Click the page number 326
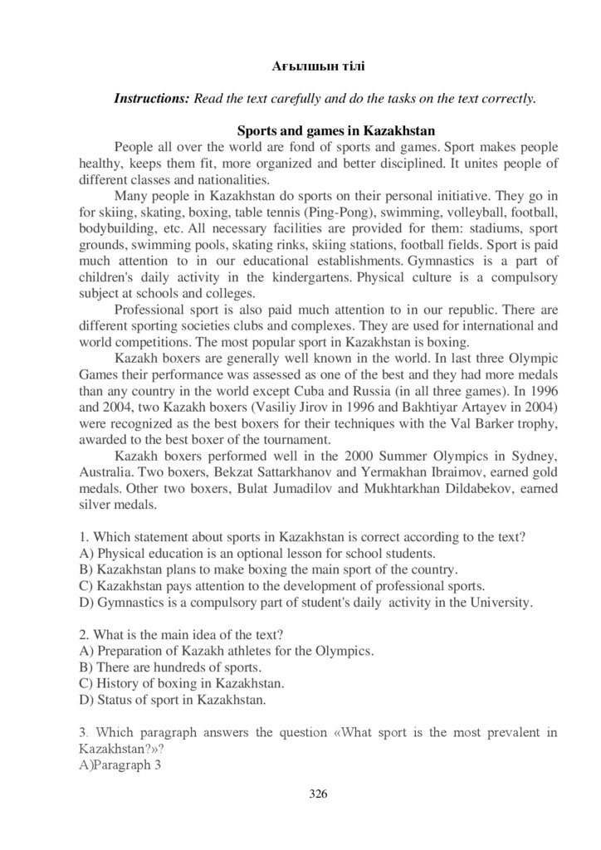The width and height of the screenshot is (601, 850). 318,794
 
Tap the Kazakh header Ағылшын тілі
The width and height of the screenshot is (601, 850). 319,65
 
